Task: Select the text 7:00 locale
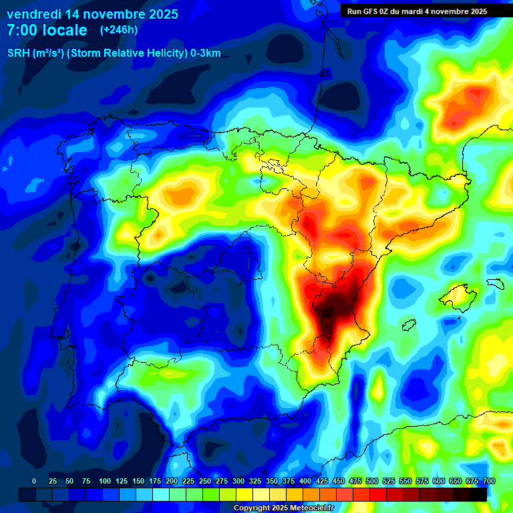[47, 30]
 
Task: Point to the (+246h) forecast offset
[118, 30]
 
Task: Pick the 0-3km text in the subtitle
[205, 53]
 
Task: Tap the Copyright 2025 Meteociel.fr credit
[283, 508]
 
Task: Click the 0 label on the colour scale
[34, 482]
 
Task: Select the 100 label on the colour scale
[105, 482]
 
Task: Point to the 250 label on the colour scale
[205, 482]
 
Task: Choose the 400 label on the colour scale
[305, 482]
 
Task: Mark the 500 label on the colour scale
[372, 482]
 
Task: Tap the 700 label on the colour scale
[488, 482]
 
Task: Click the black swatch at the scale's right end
[478, 494]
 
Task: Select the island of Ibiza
[409, 325]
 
